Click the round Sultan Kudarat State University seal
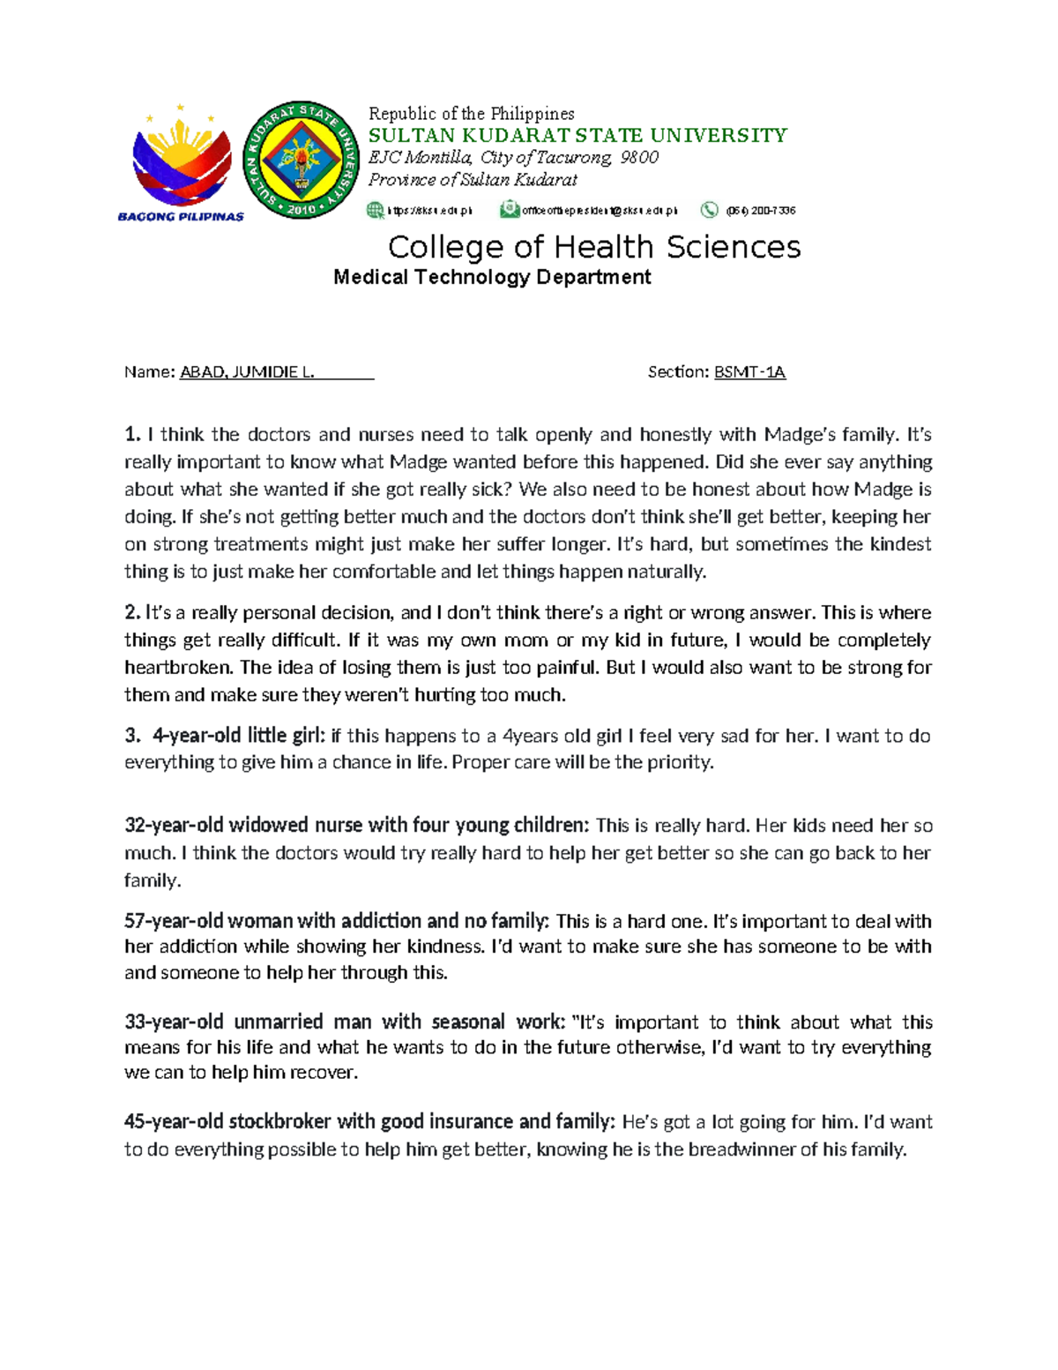pyautogui.click(x=301, y=160)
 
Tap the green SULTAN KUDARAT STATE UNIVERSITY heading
pyautogui.click(x=577, y=135)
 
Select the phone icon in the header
pyautogui.click(x=709, y=210)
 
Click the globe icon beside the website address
pyautogui.click(x=376, y=210)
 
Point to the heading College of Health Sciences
pyautogui.click(x=594, y=247)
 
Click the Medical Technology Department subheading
pyautogui.click(x=492, y=277)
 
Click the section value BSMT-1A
pyautogui.click(x=749, y=372)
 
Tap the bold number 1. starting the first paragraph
pyautogui.click(x=132, y=435)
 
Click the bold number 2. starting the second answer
pyautogui.click(x=132, y=613)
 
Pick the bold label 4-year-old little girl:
pyautogui.click(x=239, y=736)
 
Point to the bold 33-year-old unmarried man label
pyautogui.click(x=345, y=1022)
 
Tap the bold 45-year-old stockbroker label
pyautogui.click(x=369, y=1122)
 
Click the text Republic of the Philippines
pyautogui.click(x=471, y=114)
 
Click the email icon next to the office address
pyautogui.click(x=509, y=210)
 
